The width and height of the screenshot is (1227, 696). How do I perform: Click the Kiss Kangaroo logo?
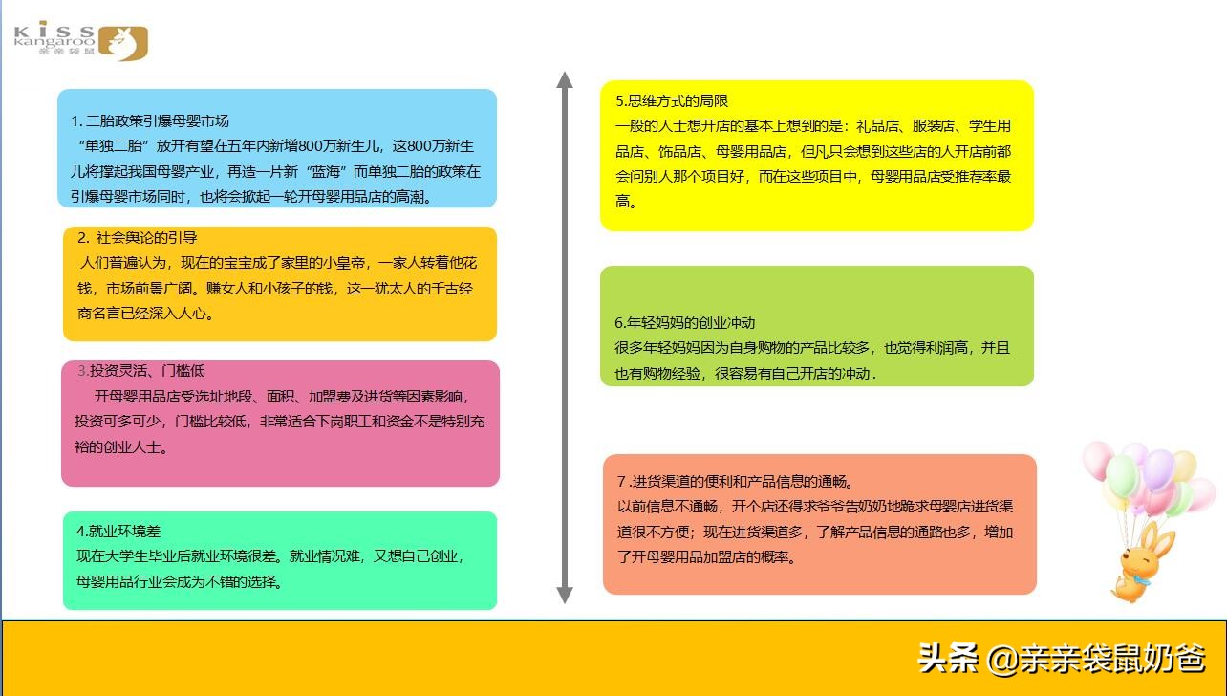[81, 40]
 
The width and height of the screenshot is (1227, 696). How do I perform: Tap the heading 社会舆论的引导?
[138, 237]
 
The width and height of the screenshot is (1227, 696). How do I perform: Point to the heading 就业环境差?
[118, 531]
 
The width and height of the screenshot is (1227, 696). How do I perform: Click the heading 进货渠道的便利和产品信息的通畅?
[735, 481]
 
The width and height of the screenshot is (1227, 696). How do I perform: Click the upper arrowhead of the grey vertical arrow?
[565, 80]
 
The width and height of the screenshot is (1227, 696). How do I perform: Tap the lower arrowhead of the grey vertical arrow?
[565, 594]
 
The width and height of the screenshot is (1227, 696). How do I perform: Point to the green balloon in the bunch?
[1122, 474]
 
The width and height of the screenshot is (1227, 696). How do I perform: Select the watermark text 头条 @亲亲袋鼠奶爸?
[1061, 658]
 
